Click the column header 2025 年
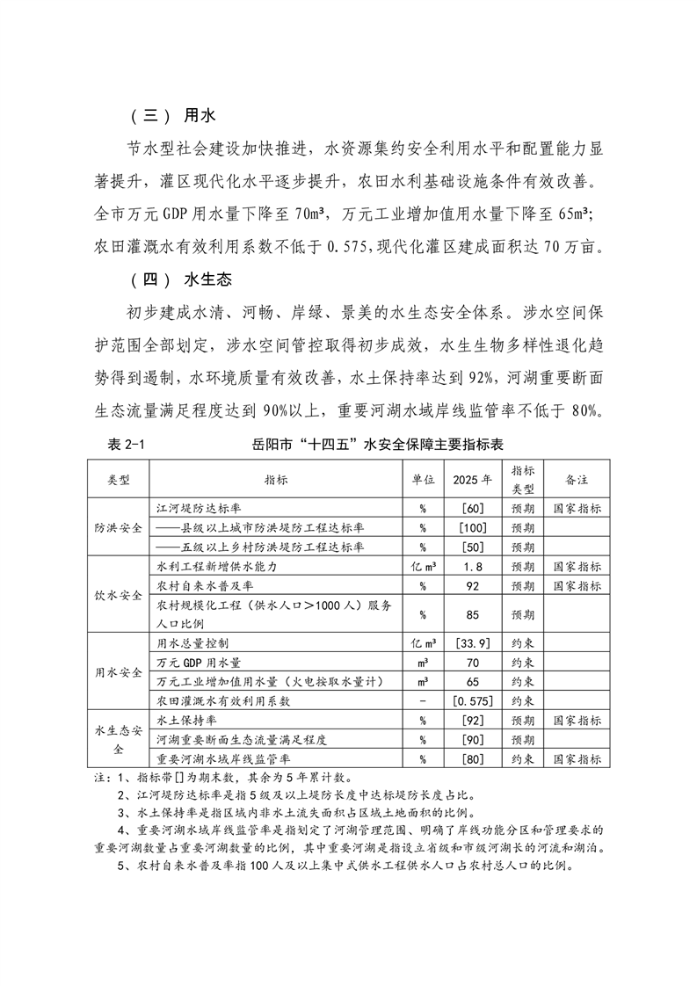473,480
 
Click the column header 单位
423,480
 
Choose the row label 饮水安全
119,595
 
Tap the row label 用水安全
119,672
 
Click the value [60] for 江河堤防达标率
473,509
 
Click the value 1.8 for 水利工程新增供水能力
473,567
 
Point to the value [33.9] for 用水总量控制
473,643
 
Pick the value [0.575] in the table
473,700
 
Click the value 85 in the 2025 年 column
473,614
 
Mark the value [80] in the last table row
473,758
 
